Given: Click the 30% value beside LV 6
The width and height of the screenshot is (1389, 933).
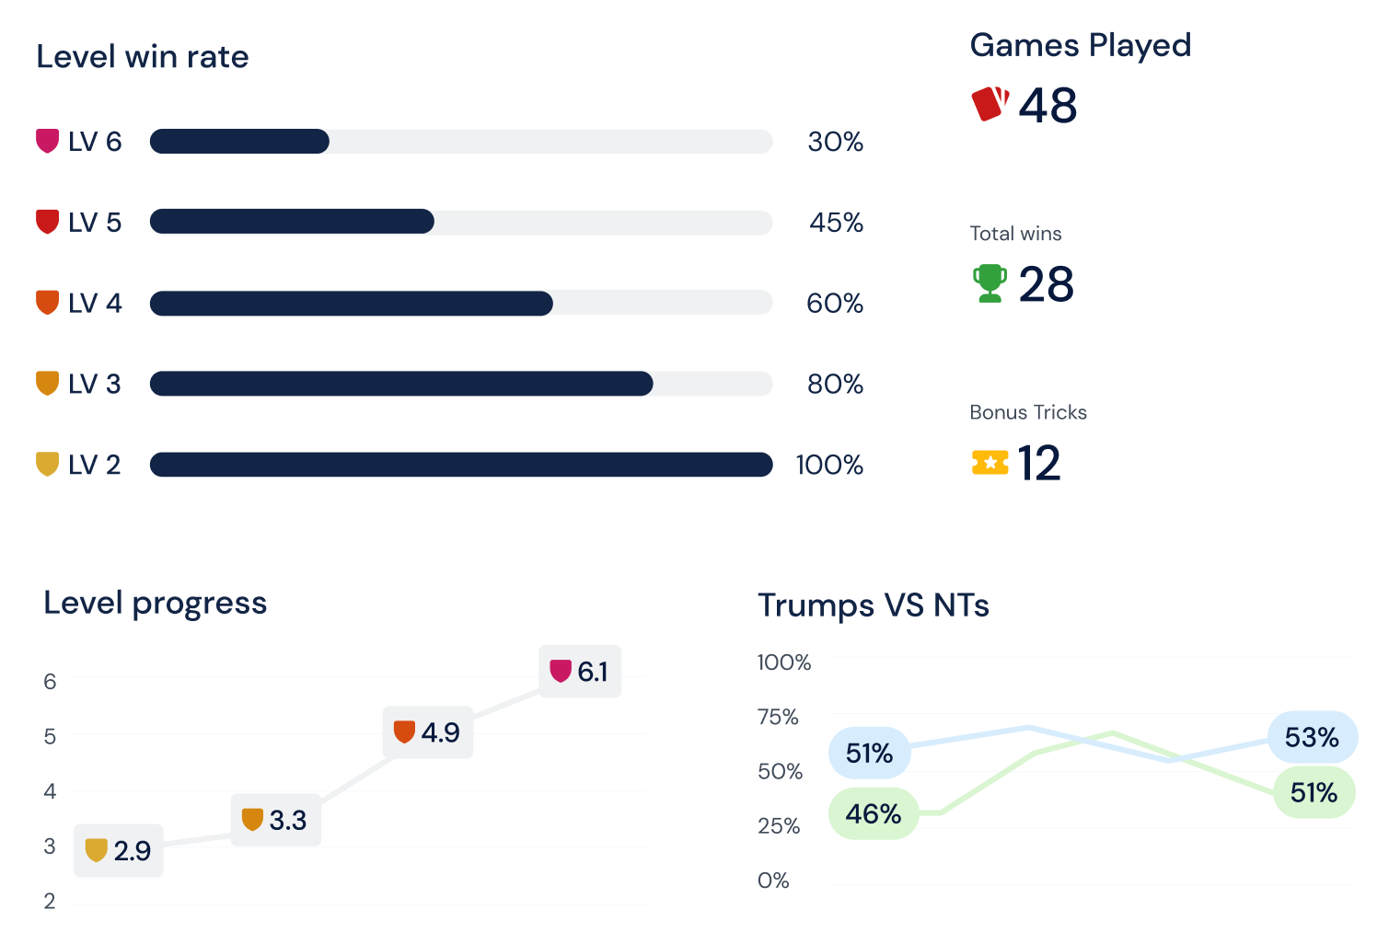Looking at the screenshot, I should [x=835, y=142].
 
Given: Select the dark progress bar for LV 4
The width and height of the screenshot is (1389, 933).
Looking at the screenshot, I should [x=351, y=304].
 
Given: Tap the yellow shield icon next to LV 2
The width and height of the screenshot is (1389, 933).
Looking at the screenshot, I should [x=47, y=464].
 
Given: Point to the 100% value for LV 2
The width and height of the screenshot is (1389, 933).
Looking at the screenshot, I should [x=829, y=465].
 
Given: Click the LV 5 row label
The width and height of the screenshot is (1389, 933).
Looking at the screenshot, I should [x=94, y=223].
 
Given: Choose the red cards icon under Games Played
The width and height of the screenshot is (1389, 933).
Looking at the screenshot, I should [x=990, y=103].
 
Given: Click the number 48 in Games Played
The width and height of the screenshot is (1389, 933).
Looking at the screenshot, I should [x=1048, y=105].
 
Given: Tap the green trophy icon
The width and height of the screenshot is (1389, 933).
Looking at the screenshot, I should [x=990, y=283].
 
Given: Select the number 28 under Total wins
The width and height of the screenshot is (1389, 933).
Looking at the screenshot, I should [x=1046, y=284].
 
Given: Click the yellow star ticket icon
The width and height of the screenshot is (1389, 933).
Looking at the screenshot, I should [x=990, y=462].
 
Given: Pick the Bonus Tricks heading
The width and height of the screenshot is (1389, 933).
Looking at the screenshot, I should [x=1028, y=412].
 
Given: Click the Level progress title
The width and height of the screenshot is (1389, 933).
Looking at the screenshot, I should [x=155, y=603].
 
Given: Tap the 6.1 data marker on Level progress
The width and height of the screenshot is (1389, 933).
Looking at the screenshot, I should [x=580, y=672].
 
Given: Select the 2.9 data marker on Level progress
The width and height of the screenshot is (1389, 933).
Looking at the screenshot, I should [x=119, y=850].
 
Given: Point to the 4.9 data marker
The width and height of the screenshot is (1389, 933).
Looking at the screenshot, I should [x=428, y=732].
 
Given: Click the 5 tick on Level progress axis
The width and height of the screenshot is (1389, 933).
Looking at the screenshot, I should [x=50, y=736].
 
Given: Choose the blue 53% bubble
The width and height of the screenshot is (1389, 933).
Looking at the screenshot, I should [x=1312, y=737].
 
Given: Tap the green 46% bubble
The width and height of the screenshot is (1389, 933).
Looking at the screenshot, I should [x=873, y=813].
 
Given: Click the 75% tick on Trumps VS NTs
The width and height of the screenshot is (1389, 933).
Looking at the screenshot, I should [x=778, y=717].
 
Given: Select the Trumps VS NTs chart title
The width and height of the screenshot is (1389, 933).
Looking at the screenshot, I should [x=873, y=605].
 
